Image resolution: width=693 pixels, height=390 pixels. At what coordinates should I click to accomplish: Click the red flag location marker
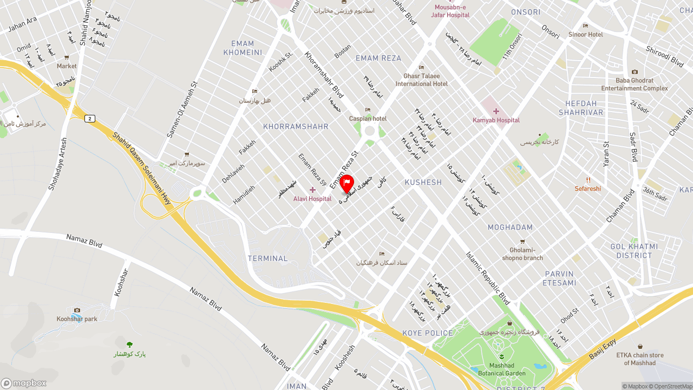tap(347, 184)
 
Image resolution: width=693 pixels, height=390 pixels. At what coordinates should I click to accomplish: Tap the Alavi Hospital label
tap(312, 199)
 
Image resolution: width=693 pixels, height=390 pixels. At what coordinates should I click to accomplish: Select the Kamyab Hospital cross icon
tap(495, 111)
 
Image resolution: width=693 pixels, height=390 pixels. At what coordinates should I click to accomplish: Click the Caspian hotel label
tap(368, 119)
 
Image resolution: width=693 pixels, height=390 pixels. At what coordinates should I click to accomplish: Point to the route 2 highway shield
tap(90, 119)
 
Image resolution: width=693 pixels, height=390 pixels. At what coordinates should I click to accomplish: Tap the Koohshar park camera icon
tap(77, 310)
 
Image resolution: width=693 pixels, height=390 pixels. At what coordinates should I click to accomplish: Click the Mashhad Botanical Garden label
tap(501, 369)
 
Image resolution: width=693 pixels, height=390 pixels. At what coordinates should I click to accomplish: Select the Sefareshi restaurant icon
tap(588, 180)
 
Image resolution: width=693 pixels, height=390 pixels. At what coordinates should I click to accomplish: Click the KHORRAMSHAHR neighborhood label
tap(296, 127)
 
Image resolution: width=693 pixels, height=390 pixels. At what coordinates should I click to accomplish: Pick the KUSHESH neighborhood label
tap(423, 183)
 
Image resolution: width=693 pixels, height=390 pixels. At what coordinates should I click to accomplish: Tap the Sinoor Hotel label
tap(585, 35)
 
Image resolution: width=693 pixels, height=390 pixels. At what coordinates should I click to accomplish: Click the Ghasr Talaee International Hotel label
tap(421, 80)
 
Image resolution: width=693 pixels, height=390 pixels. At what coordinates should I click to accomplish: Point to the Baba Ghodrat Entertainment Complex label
tap(635, 84)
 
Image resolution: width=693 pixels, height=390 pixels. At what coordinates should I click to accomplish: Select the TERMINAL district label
tap(267, 258)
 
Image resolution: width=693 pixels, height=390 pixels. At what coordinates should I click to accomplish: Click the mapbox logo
tap(24, 383)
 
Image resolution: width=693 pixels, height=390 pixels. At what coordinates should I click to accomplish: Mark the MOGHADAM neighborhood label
tap(510, 227)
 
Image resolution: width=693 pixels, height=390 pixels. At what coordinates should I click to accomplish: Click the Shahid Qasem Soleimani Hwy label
tap(142, 168)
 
